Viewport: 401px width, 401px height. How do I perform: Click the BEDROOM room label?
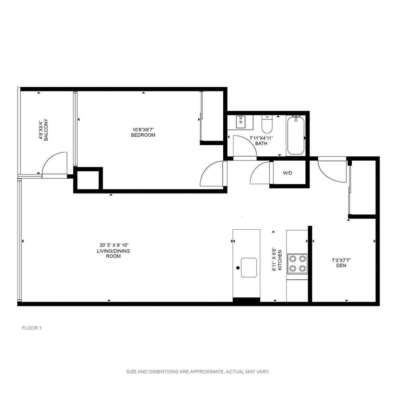[x=142, y=135]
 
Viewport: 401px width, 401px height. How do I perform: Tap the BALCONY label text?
[x=45, y=130]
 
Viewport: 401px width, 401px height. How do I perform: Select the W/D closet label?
[x=288, y=173]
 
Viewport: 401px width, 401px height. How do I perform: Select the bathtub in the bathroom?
[x=296, y=135]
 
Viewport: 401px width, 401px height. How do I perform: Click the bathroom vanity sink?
[x=240, y=123]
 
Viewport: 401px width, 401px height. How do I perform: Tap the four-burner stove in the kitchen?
[x=297, y=263]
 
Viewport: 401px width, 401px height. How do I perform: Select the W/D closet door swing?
[x=259, y=175]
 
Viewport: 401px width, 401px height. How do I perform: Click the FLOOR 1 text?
[x=32, y=328]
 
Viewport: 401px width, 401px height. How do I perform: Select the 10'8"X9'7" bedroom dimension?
[x=142, y=129]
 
